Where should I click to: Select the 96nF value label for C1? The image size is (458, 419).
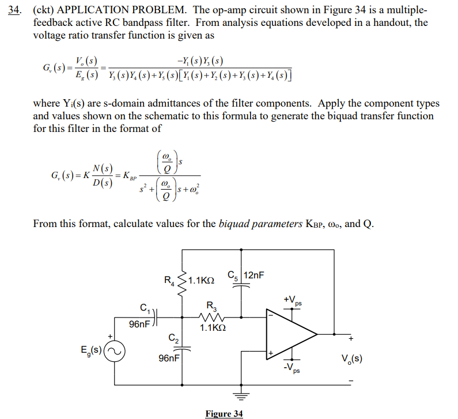(x=140, y=324)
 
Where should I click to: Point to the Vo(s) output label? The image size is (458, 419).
(x=351, y=358)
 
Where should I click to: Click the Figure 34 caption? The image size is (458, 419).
(x=224, y=413)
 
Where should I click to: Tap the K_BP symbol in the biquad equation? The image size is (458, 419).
(x=126, y=176)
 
